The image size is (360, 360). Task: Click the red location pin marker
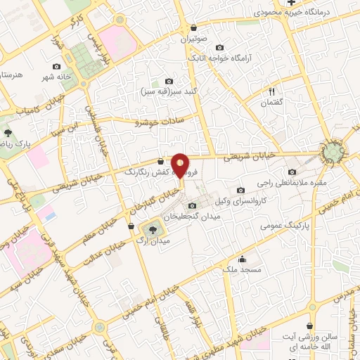181,165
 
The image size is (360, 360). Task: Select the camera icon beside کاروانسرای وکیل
240,190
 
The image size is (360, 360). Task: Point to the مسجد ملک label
243,269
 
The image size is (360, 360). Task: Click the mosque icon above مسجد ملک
243,259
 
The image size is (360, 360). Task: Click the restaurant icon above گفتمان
271,91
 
